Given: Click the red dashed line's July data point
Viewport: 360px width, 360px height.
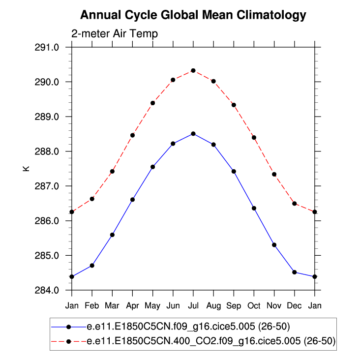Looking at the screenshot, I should [193, 70].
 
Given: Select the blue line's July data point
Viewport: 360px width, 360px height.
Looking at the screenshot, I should [193, 133].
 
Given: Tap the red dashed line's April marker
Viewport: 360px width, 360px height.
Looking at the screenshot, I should [132, 135].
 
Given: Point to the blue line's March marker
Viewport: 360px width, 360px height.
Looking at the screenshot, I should [112, 235].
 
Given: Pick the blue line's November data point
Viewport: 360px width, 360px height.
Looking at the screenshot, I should [274, 244].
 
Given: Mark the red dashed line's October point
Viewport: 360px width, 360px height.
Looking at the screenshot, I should [254, 137].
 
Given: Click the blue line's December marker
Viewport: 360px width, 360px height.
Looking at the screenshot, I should [294, 272].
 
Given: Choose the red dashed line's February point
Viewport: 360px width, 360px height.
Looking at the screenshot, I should [92, 199].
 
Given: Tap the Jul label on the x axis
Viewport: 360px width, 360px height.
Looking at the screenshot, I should [193, 306].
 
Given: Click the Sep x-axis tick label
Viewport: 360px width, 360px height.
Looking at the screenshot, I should [234, 306].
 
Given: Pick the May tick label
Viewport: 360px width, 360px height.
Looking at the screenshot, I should [152, 306].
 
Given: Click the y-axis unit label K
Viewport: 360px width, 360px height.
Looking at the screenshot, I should [27, 169].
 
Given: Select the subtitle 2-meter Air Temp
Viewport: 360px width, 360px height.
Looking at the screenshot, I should [114, 34].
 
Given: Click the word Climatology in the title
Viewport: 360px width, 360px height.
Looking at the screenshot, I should [266, 15].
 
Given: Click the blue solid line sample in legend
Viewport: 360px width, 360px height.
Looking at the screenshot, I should [68, 326].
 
